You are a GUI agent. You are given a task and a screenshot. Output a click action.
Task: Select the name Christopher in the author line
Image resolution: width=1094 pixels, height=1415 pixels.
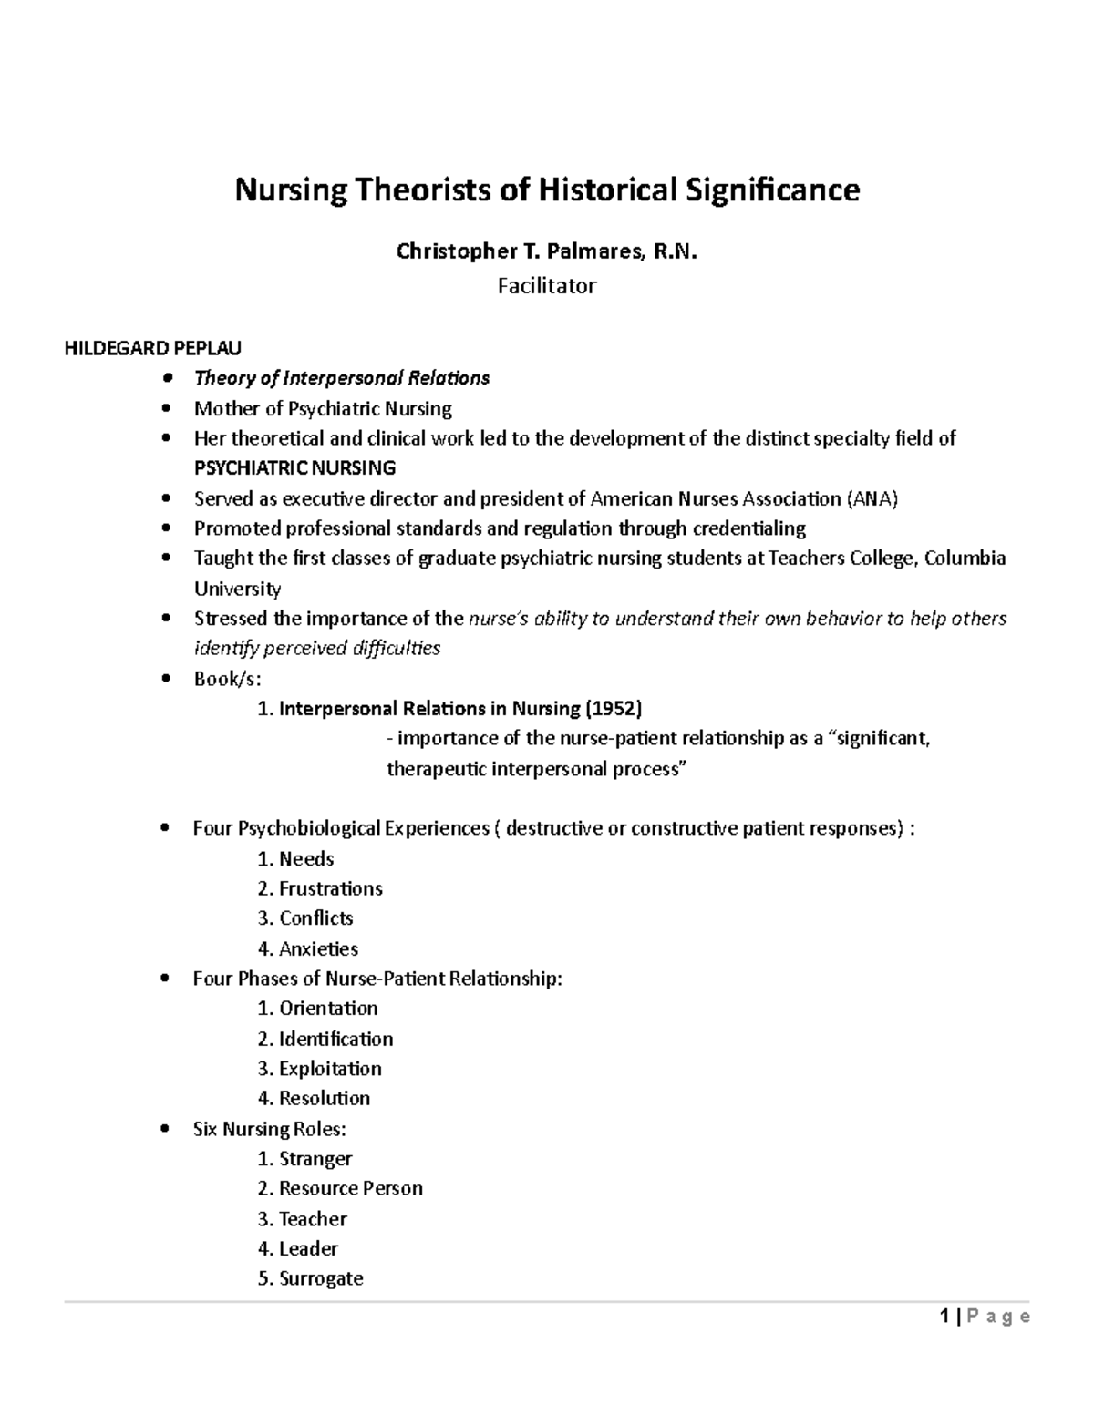[442, 252]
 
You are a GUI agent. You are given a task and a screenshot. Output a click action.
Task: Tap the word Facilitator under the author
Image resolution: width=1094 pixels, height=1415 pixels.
[546, 286]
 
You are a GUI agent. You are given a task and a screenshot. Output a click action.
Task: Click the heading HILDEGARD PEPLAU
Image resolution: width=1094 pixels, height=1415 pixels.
[152, 348]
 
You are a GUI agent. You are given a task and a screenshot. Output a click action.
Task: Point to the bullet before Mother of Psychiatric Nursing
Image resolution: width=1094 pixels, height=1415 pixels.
[165, 408]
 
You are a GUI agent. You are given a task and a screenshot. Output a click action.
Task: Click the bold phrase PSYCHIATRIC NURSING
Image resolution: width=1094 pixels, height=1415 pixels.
[294, 468]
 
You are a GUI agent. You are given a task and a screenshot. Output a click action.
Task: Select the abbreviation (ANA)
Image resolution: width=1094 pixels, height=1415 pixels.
[872, 498]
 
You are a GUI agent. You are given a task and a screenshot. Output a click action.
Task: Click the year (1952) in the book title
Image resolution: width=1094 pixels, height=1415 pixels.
[613, 708]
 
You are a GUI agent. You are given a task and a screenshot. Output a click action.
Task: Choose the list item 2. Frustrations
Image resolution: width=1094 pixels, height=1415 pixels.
[320, 888]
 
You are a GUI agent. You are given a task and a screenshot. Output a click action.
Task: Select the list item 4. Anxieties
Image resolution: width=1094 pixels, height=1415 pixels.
[307, 948]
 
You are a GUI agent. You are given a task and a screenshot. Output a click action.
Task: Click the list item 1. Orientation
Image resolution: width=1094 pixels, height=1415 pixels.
[317, 1009]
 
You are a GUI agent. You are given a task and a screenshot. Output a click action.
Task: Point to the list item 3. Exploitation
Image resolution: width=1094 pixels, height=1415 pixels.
[319, 1068]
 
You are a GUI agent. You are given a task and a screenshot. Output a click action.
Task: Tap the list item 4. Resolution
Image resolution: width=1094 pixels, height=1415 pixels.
[314, 1098]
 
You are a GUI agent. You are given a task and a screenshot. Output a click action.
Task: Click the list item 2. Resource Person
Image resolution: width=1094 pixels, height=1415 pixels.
[340, 1188]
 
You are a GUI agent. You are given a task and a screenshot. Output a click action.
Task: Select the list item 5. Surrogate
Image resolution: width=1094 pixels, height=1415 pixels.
[310, 1278]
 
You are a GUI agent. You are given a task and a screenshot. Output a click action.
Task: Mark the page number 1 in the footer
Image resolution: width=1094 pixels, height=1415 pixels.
[945, 1317]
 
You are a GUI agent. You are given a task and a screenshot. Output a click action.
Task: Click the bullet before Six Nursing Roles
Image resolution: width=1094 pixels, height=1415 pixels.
[164, 1129]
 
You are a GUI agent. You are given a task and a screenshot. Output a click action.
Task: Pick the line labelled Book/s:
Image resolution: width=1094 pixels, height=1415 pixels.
[227, 679]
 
